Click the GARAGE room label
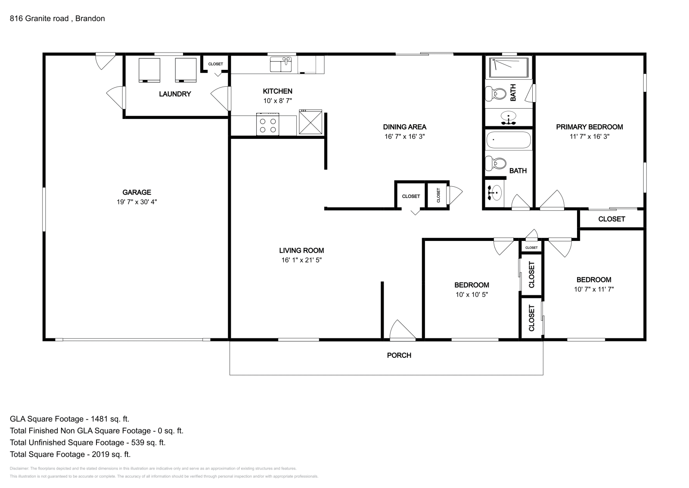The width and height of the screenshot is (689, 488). pyautogui.click(x=137, y=192)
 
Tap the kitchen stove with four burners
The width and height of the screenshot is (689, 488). pyautogui.click(x=267, y=124)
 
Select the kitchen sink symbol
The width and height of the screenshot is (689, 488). pyautogui.click(x=280, y=64)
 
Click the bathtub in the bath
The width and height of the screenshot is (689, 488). pyautogui.click(x=509, y=140)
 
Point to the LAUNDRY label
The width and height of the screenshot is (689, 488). pyautogui.click(x=175, y=94)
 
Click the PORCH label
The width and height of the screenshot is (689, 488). pyautogui.click(x=399, y=355)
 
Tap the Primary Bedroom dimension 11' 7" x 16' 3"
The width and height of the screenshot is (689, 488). pyautogui.click(x=590, y=136)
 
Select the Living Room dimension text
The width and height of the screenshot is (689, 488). pyautogui.click(x=301, y=260)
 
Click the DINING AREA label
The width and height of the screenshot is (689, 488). pyautogui.click(x=404, y=127)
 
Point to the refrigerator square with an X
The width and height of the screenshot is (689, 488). pyautogui.click(x=310, y=122)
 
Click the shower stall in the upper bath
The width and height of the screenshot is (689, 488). pyautogui.click(x=509, y=67)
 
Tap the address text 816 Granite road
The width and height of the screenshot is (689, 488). pyautogui.click(x=39, y=19)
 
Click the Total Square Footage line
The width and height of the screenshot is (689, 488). pyautogui.click(x=70, y=454)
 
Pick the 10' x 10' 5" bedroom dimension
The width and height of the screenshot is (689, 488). pyautogui.click(x=472, y=294)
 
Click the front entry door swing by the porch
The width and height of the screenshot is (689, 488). pyautogui.click(x=403, y=330)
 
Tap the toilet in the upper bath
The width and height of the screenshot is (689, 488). pyautogui.click(x=496, y=94)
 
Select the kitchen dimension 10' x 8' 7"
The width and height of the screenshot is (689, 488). pyautogui.click(x=277, y=101)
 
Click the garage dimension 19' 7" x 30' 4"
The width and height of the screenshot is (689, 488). pyautogui.click(x=137, y=202)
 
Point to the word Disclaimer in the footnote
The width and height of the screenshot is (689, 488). pyautogui.click(x=19, y=468)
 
